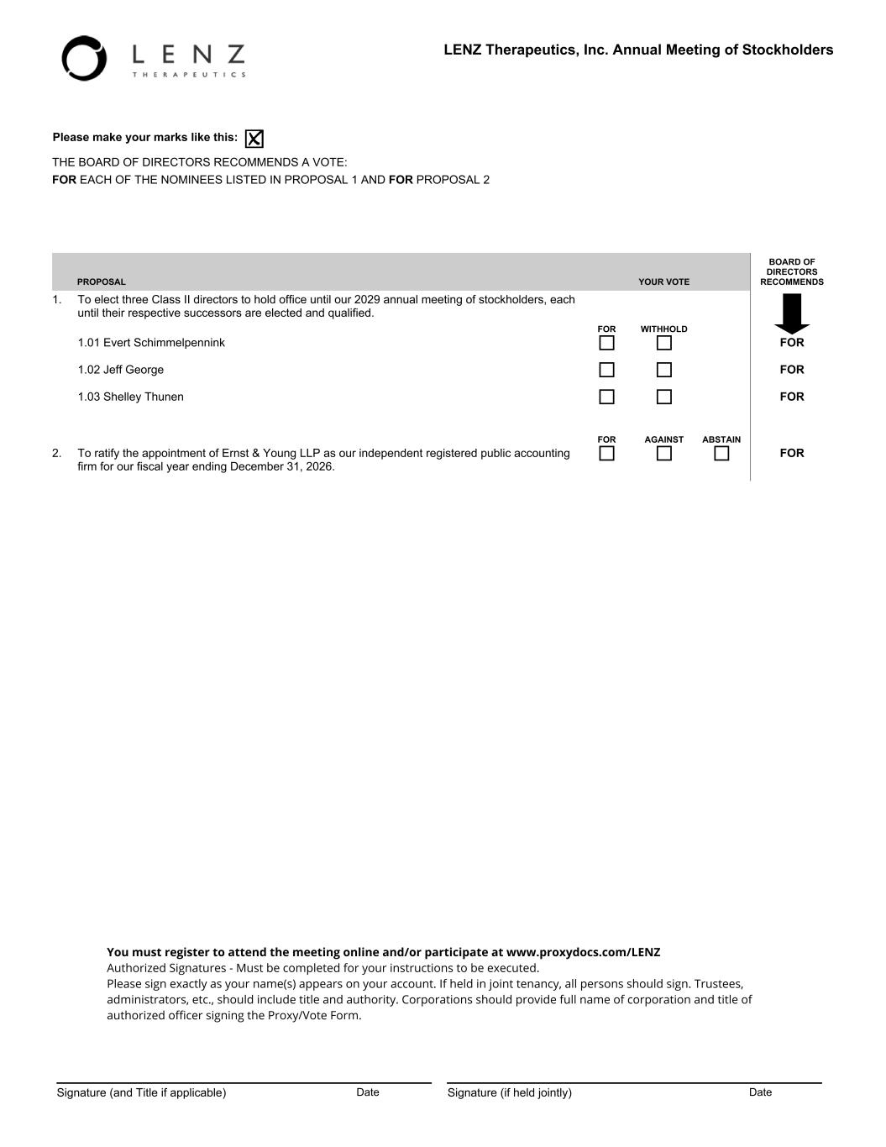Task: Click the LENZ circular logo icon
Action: [x=84, y=59]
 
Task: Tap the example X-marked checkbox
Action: [x=254, y=139]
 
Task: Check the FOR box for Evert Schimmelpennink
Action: [x=606, y=343]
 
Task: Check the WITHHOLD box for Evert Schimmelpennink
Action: [x=664, y=343]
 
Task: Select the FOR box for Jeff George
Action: [x=606, y=370]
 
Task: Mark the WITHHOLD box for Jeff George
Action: [x=664, y=370]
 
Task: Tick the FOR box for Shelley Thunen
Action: [x=606, y=397]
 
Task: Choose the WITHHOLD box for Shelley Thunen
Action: [x=664, y=397]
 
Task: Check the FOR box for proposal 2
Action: [x=606, y=454]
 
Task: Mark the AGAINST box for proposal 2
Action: [x=664, y=454]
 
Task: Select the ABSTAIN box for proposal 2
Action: [x=721, y=454]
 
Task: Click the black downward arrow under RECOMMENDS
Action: [x=791, y=313]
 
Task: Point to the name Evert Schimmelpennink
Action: [x=164, y=343]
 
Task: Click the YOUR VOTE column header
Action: [x=663, y=282]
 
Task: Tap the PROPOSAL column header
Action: [x=101, y=282]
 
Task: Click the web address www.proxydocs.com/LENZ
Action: [x=584, y=952]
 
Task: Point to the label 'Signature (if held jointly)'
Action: [x=509, y=1092]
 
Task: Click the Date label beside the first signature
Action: [x=368, y=1092]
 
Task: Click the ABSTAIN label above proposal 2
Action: [x=721, y=439]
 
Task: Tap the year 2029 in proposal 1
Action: [x=367, y=300]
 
